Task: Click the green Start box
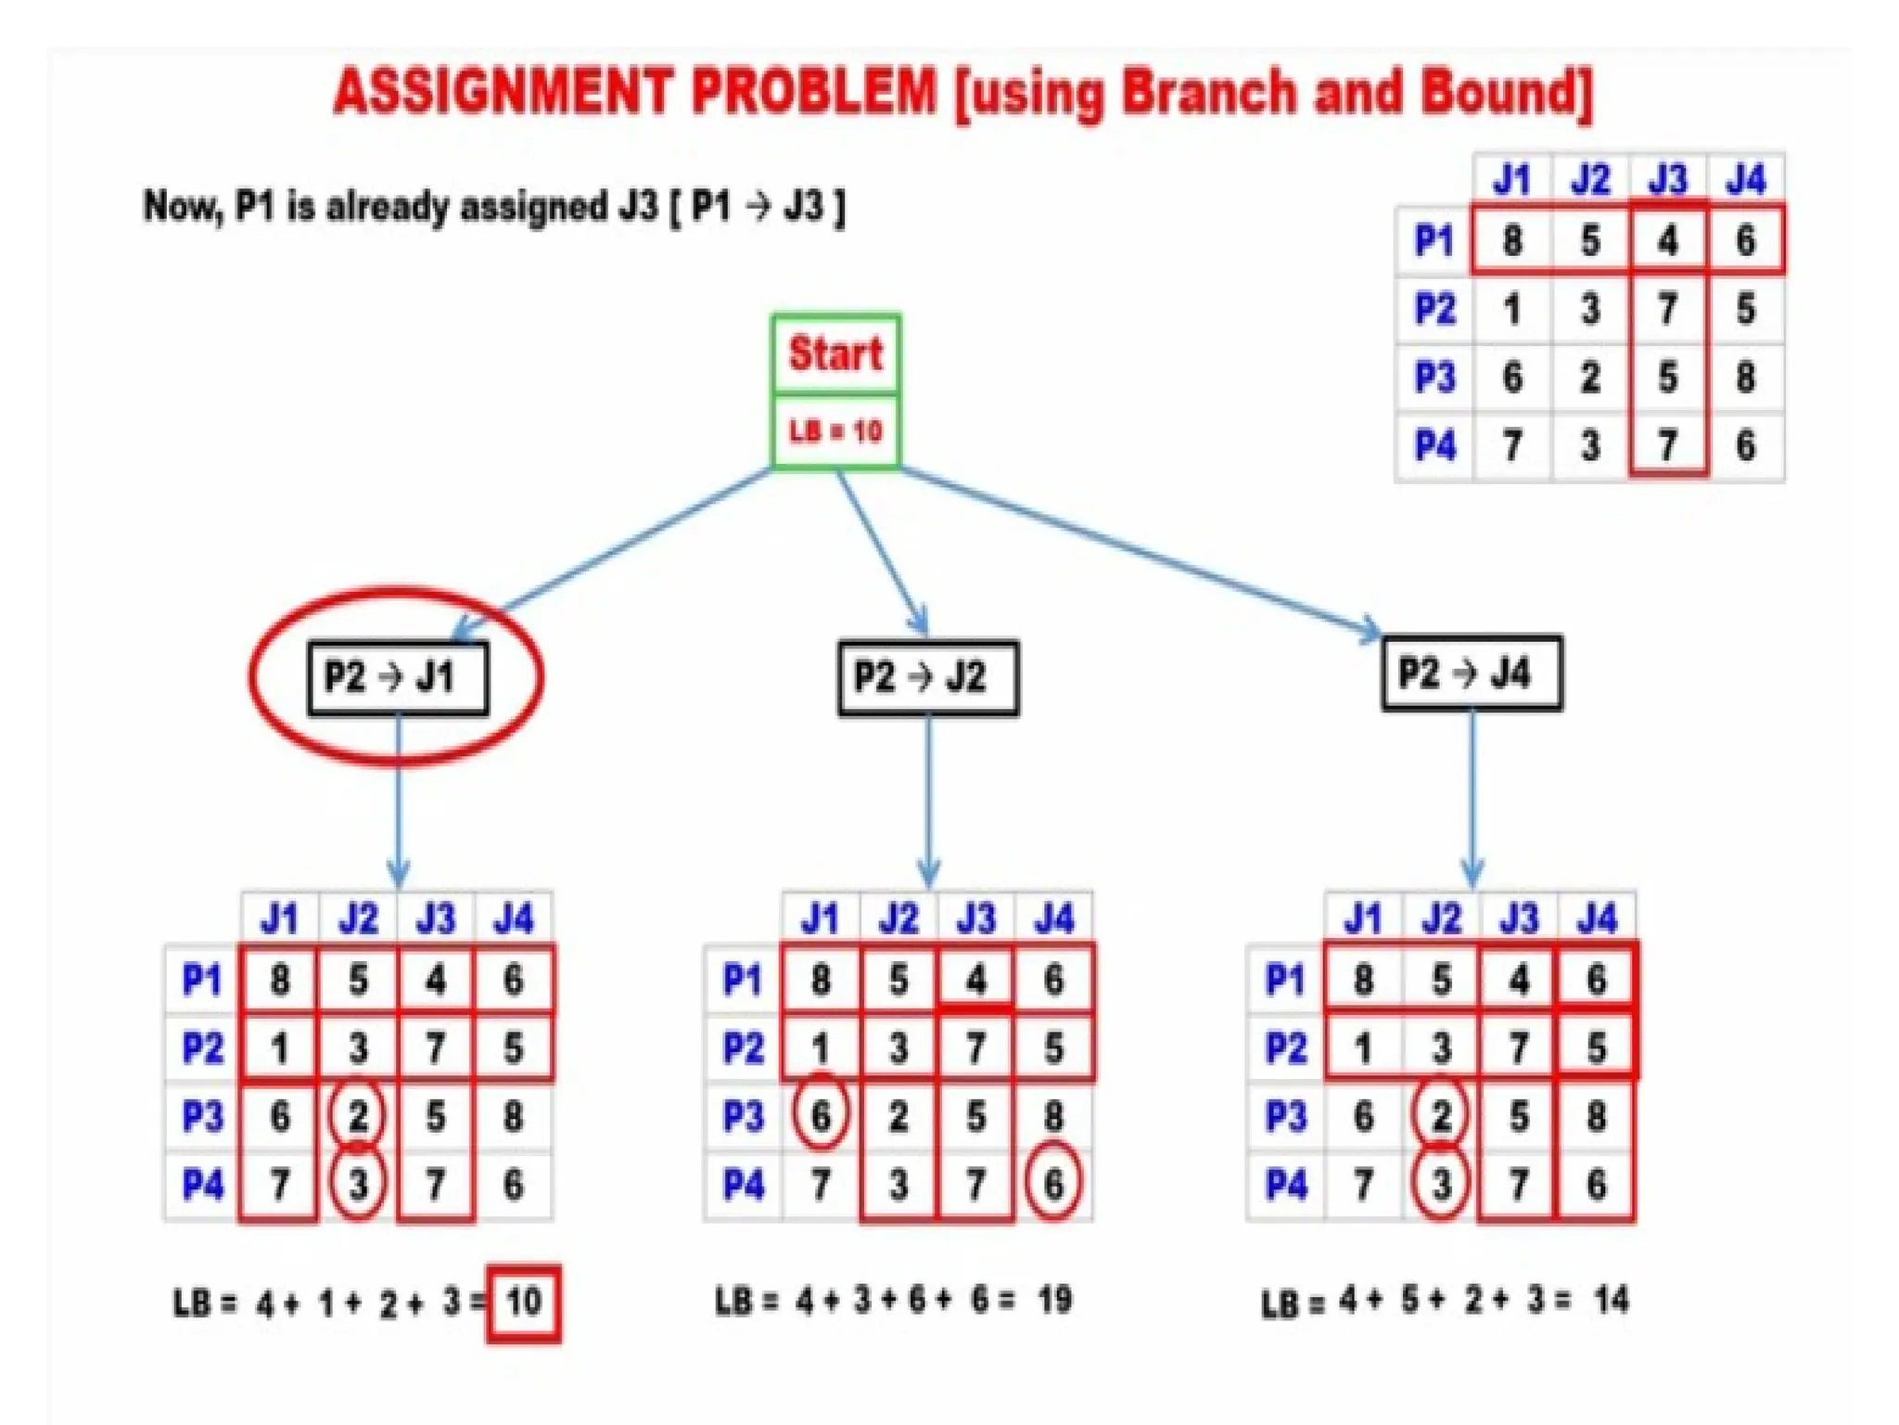click(x=835, y=354)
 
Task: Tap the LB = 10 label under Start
click(x=835, y=431)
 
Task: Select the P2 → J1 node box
click(x=398, y=677)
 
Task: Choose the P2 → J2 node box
click(x=927, y=677)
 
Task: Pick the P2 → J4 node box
click(x=1471, y=674)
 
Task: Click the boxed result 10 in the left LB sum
click(x=524, y=1303)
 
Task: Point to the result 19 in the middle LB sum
click(x=1055, y=1300)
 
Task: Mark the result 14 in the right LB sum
click(x=1612, y=1300)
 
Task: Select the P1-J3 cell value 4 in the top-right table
click(x=1667, y=241)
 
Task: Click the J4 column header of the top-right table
click(x=1745, y=179)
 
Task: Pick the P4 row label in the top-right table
click(x=1434, y=446)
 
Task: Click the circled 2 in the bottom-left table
click(x=358, y=1116)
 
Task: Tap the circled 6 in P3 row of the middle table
click(x=821, y=1116)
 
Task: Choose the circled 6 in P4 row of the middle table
click(x=1054, y=1184)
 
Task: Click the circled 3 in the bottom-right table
click(x=1440, y=1184)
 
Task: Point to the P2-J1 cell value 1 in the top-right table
click(x=1512, y=309)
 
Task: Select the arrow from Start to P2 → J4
click(x=1141, y=552)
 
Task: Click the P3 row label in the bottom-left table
click(x=202, y=1116)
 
